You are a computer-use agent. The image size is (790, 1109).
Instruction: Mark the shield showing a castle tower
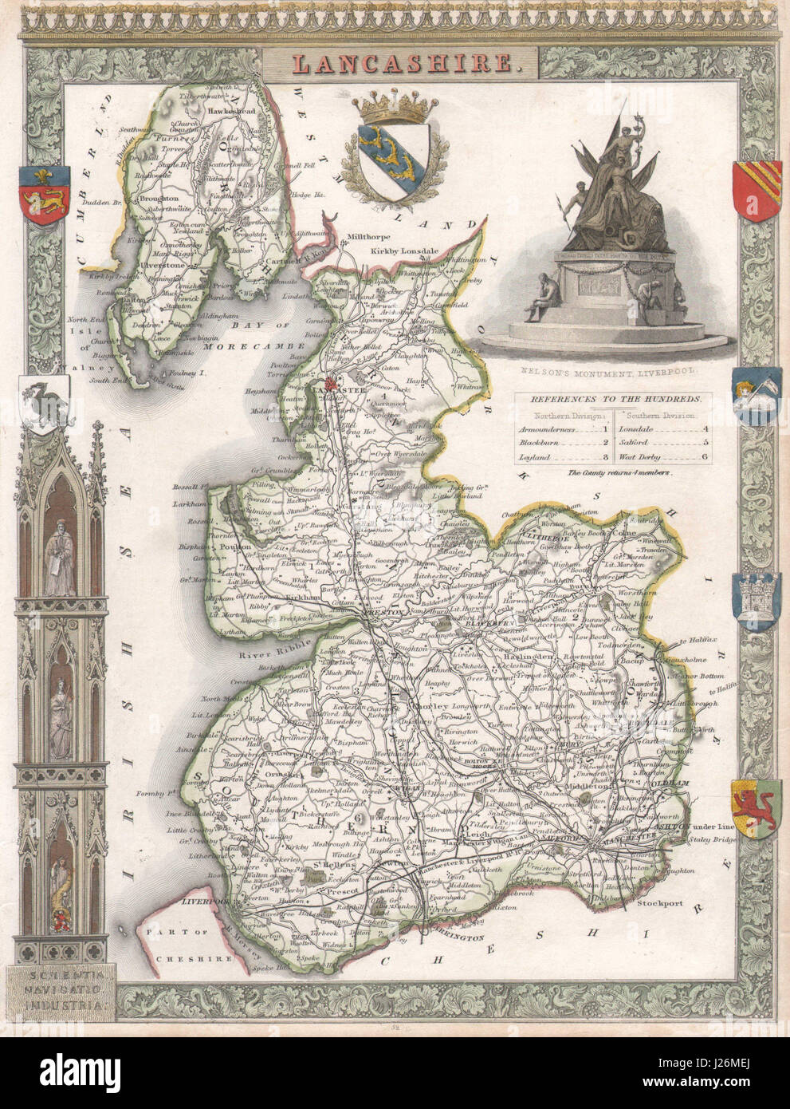[x=754, y=598]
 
